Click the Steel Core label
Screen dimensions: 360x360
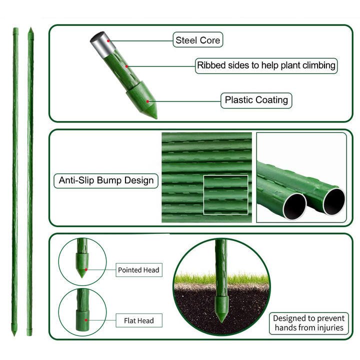point(198,40)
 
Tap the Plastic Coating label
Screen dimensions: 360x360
point(256,100)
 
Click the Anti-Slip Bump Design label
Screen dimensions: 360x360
point(106,180)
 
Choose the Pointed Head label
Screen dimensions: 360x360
point(138,270)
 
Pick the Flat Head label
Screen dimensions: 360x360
point(138,320)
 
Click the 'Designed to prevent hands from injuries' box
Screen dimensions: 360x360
point(308,323)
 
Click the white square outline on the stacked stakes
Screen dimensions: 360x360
point(225,194)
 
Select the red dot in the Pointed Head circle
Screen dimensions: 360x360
point(85,270)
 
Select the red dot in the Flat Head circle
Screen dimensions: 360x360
point(85,320)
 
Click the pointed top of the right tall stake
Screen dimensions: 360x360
point(30,30)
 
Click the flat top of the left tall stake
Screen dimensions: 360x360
point(15,30)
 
